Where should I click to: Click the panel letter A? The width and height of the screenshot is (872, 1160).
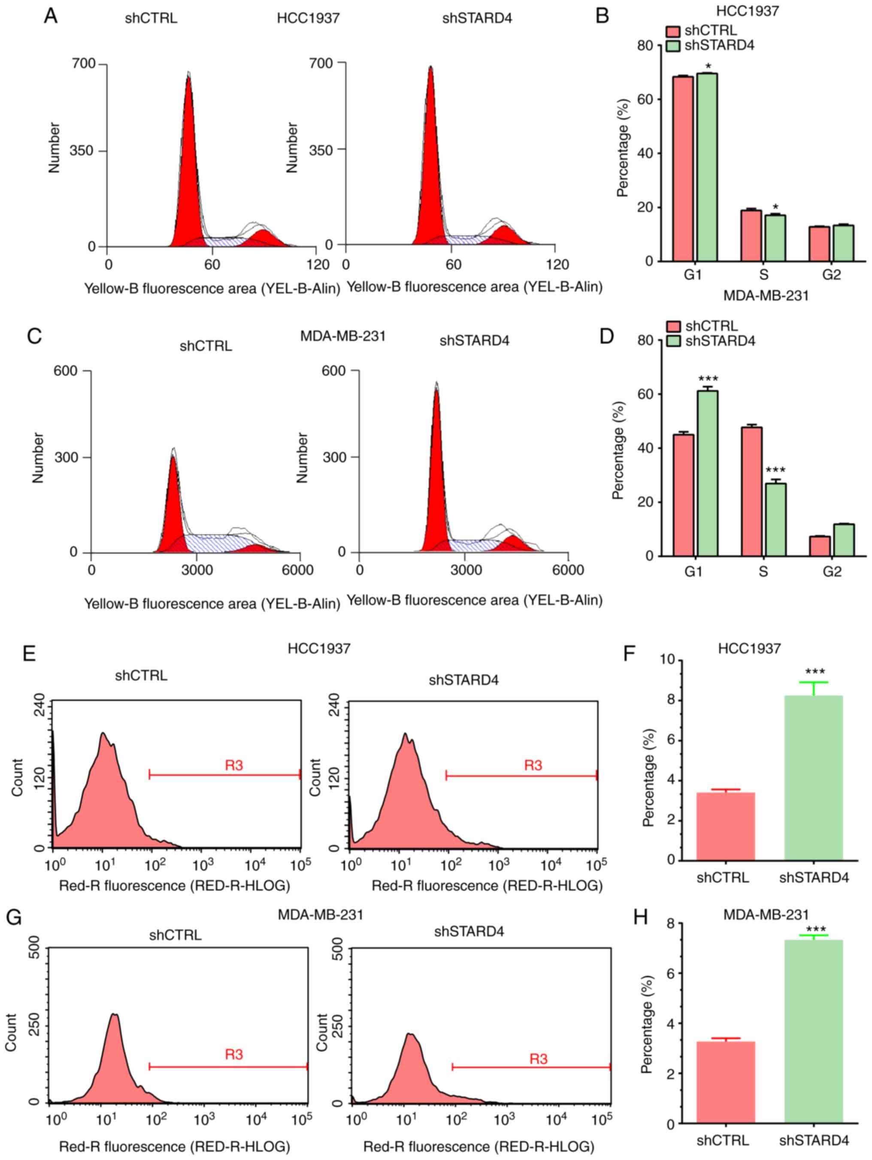[x=51, y=17]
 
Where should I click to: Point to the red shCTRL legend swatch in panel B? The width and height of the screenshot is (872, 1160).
[x=673, y=31]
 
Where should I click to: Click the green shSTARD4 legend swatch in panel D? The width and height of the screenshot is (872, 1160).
[x=674, y=341]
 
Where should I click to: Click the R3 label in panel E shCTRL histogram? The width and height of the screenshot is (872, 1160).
[x=233, y=766]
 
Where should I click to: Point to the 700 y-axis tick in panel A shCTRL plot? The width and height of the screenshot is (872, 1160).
[x=84, y=64]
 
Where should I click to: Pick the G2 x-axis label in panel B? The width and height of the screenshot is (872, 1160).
[x=832, y=275]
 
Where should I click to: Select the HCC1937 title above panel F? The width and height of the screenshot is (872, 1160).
[x=749, y=649]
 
